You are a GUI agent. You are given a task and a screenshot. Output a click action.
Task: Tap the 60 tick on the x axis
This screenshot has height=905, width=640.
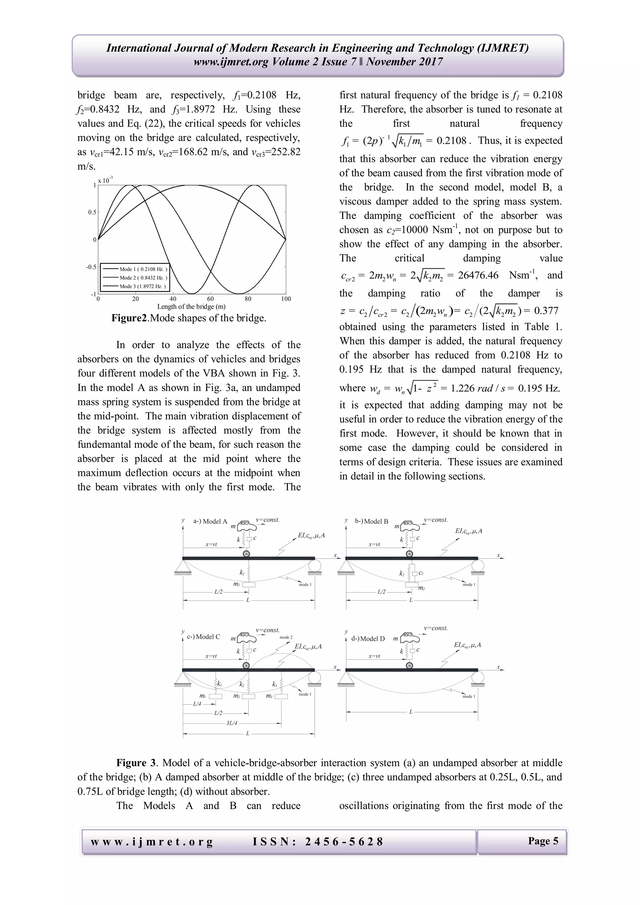[x=210, y=299]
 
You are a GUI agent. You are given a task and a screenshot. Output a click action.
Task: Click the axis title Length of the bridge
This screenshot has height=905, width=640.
[x=191, y=307]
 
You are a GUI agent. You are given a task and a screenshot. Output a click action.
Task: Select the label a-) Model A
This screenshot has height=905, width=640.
[x=210, y=522]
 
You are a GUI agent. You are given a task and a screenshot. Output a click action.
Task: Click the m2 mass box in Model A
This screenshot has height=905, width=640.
[x=248, y=585]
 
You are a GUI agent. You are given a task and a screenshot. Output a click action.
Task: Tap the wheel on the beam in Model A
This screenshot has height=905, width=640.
[x=246, y=553]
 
